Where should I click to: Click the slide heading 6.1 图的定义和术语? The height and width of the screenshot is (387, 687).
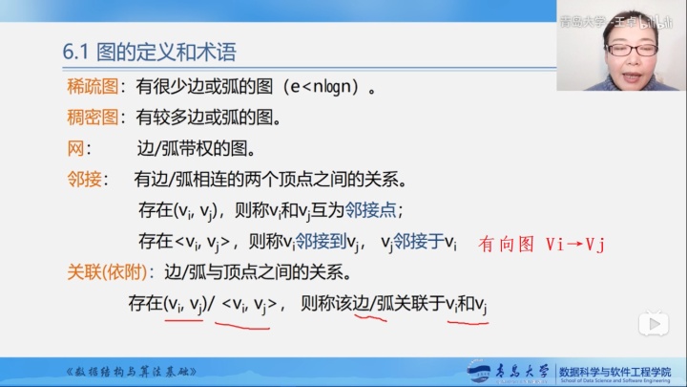(149, 53)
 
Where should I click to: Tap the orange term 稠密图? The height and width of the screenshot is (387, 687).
(91, 118)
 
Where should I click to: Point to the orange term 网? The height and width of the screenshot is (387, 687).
(76, 149)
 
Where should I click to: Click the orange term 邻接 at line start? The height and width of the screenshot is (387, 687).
(83, 180)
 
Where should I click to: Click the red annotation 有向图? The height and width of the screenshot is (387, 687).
(506, 244)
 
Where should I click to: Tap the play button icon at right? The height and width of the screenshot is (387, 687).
(654, 324)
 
